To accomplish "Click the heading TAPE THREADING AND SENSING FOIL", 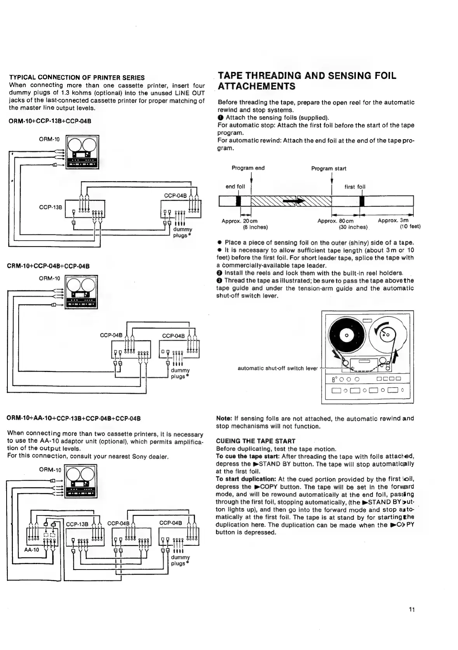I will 307,75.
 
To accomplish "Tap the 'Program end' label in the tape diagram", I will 248,168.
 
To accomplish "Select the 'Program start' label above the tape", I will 329,168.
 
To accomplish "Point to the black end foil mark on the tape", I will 239,201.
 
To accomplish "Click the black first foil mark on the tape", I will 362,201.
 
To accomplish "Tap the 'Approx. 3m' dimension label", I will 393,220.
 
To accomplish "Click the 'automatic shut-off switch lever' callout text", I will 277,368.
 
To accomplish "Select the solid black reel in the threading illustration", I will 347,335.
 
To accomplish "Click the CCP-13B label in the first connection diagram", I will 51,207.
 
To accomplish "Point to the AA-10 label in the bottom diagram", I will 31,550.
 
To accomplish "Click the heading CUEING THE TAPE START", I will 255,441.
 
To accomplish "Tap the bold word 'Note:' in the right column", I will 224,418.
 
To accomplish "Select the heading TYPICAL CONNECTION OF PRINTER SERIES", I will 77,77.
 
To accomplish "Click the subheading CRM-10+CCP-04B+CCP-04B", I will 48,266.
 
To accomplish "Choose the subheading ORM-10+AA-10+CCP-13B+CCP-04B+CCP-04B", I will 74,418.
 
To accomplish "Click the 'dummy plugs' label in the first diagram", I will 182,232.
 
